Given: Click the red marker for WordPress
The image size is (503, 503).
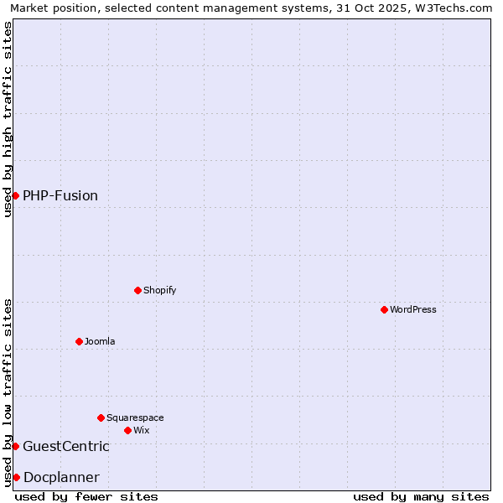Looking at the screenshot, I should (384, 309).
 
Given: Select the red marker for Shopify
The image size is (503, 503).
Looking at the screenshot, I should (137, 290).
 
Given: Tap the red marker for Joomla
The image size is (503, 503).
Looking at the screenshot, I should (79, 341).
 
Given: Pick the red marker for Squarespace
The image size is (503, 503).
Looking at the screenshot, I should (101, 417).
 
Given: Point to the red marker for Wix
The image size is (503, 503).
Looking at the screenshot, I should (127, 430).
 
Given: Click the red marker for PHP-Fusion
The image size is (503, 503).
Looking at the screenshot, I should (15, 195).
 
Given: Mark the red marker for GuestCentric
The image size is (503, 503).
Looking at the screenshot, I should (15, 446).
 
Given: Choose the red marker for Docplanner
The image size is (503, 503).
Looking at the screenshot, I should (16, 477).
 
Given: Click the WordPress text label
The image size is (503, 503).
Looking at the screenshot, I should (413, 309).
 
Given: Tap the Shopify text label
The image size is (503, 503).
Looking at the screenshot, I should (160, 290).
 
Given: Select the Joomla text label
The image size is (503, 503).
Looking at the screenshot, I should (100, 341).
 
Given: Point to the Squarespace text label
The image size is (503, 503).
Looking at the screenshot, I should (135, 417).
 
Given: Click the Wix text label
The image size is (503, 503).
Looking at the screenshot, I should (142, 430).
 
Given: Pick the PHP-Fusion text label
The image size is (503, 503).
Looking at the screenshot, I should (60, 195).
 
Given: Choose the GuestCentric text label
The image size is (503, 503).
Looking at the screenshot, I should (66, 446).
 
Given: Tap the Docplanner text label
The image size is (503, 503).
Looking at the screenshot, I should (61, 477).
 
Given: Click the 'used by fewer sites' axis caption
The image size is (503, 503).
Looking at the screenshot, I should (86, 496).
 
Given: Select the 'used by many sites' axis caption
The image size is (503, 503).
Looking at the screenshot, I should (421, 496).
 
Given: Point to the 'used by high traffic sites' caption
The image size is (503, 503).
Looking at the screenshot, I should (8, 119).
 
